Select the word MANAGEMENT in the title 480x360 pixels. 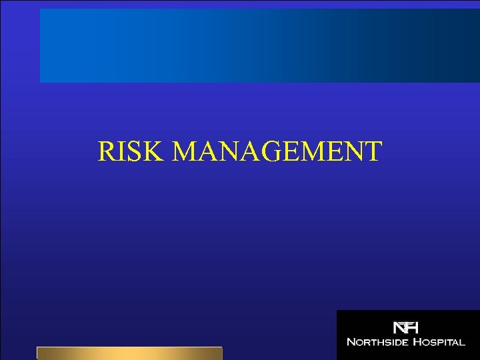pos(277,151)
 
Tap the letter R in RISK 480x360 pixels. pos(106,151)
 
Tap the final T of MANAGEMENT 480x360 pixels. pos(373,151)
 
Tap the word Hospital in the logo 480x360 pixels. pos(437,343)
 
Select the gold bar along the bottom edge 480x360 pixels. pos(129,353)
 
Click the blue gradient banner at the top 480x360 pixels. pos(260,45)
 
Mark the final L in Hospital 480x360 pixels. pos(462,343)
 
